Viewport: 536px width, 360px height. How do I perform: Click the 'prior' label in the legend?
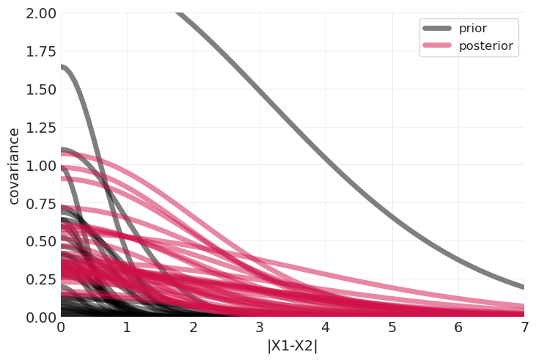pyautogui.click(x=472, y=29)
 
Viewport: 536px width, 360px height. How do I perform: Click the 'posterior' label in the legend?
pyautogui.click(x=485, y=46)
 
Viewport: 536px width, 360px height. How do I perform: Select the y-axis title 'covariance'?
pyautogui.click(x=14, y=166)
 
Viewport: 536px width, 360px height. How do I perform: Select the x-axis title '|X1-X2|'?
pyautogui.click(x=292, y=346)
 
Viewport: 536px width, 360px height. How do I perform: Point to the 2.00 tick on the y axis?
pyautogui.click(x=39, y=14)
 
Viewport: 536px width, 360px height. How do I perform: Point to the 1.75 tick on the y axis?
pyautogui.click(x=39, y=51)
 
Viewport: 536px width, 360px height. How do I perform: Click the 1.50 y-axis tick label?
pyautogui.click(x=39, y=89)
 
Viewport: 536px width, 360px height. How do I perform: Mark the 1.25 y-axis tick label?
pyautogui.click(x=39, y=128)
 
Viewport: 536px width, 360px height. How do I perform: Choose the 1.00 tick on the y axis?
pyautogui.click(x=39, y=166)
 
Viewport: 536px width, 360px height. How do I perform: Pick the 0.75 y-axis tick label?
pyautogui.click(x=39, y=203)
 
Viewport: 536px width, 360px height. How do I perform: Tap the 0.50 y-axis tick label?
pyautogui.click(x=39, y=241)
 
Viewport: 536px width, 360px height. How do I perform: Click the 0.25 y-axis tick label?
pyautogui.click(x=39, y=279)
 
